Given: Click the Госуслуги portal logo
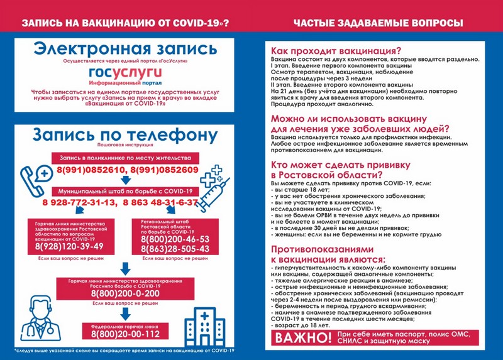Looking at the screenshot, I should (125, 74).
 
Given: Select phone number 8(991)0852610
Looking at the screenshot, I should (90, 170).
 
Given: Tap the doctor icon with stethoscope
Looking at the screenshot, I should (37, 320).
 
